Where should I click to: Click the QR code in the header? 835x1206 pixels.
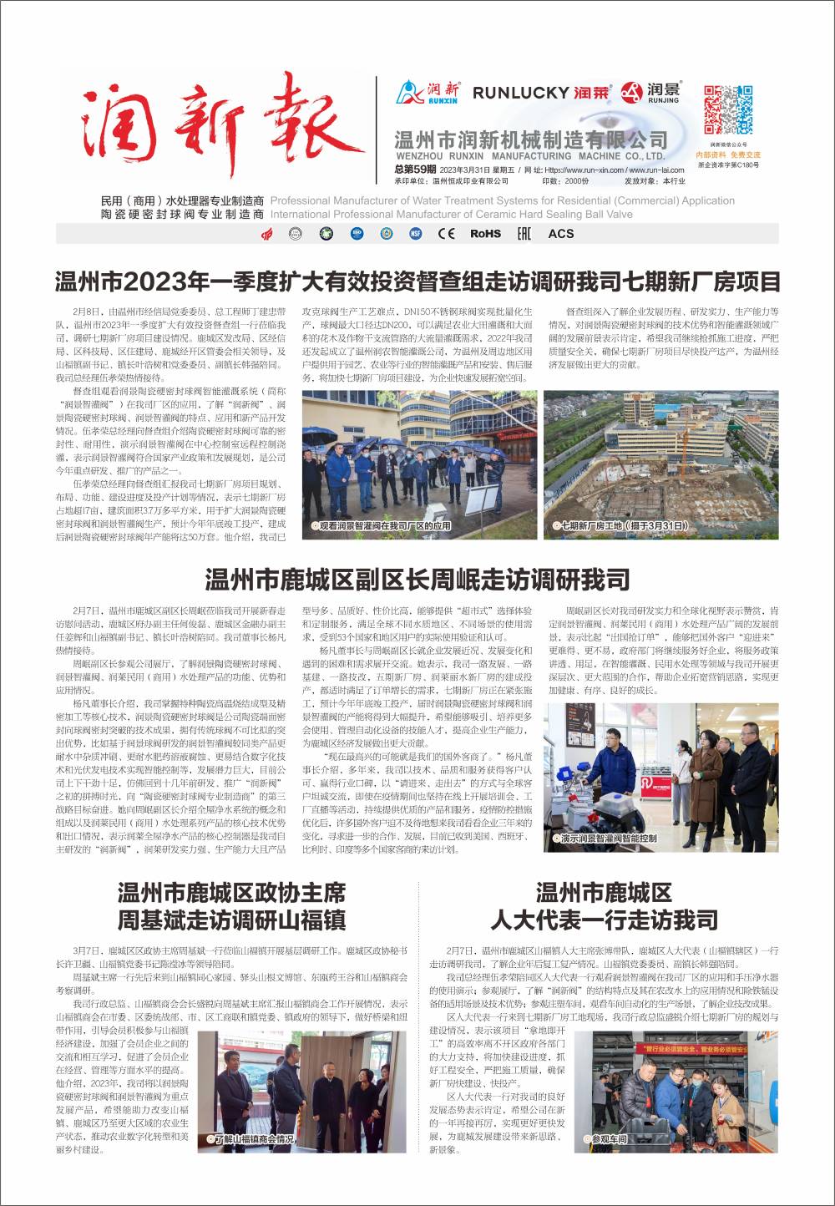click(727, 109)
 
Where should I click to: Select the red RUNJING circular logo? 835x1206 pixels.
click(632, 90)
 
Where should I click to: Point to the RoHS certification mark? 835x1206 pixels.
click(485, 234)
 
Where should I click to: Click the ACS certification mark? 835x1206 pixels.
click(560, 234)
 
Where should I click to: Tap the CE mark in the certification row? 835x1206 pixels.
click(447, 234)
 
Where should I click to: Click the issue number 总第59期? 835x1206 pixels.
click(415, 170)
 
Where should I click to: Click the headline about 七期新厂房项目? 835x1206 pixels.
click(417, 281)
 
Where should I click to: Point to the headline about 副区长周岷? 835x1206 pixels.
click(417, 579)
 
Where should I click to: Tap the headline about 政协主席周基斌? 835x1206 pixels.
click(231, 905)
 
